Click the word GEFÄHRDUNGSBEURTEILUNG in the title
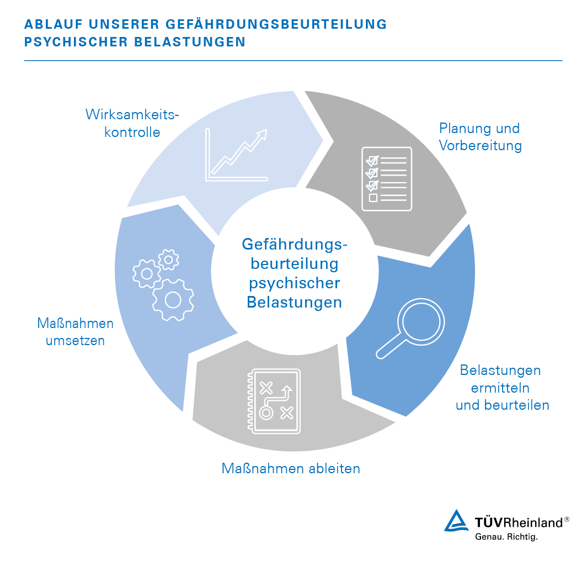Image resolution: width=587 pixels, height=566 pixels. point(276,24)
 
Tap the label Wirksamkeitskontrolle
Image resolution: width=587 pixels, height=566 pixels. point(132,123)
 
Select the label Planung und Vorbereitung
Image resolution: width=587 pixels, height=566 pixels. point(481,137)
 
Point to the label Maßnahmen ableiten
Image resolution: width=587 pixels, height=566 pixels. point(291,469)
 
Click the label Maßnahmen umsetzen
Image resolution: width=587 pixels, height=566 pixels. point(75,332)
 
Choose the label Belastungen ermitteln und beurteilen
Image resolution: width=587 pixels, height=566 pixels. point(502,388)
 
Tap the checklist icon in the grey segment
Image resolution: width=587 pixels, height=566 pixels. point(387,179)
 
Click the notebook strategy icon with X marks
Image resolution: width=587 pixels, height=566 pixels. point(274,401)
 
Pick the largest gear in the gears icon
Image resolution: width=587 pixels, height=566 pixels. point(173,300)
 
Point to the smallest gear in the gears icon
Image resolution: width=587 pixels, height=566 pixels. point(168,260)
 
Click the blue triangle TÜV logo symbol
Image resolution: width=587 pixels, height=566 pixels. point(456,521)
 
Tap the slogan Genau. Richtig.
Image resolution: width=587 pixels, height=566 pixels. point(506,537)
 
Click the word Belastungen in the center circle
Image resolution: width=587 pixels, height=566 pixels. point(294,302)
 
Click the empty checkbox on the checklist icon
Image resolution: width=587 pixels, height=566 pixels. point(373,197)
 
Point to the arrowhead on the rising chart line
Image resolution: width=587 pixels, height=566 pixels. point(263,134)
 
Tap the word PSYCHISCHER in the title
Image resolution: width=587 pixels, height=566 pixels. point(76,42)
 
